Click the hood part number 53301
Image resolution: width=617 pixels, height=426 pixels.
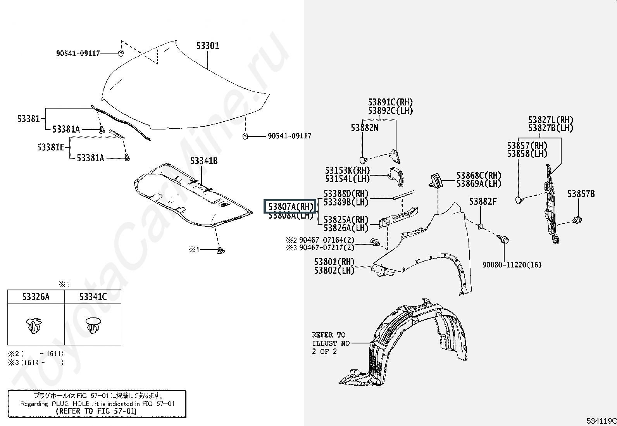[207, 46]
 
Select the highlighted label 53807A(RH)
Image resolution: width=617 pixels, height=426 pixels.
[290, 207]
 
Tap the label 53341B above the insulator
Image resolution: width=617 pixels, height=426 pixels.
[203, 160]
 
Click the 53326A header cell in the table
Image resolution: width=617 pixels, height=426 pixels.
[36, 297]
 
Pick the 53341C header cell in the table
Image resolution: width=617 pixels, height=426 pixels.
[93, 297]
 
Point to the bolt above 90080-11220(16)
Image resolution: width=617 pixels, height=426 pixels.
[505, 240]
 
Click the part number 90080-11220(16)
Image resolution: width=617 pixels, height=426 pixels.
[512, 265]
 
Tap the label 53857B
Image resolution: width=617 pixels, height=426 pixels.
[581, 194]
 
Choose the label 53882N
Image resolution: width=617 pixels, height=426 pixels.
[364, 128]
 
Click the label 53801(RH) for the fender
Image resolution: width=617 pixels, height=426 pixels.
[334, 262]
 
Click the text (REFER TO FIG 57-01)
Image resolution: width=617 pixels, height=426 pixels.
[96, 411]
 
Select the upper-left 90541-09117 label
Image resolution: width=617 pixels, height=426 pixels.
[78, 53]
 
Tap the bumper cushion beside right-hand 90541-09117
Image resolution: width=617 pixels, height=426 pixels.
[245, 136]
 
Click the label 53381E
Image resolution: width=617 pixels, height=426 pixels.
[51, 147]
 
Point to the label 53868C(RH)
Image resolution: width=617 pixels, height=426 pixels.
[479, 176]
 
